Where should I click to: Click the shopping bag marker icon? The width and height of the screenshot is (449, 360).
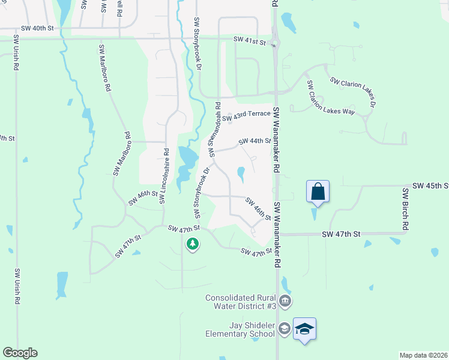point(318,192)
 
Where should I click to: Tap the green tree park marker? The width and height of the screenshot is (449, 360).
point(192,244)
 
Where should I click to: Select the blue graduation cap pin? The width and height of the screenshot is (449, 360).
point(305,329)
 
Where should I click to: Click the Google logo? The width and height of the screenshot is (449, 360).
point(19,353)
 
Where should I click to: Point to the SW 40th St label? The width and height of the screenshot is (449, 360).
point(37,28)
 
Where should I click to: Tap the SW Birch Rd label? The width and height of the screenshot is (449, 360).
point(406,209)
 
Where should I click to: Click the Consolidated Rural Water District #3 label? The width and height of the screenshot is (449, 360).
point(240,302)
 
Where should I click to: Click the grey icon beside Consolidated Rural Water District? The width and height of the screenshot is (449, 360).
point(285,300)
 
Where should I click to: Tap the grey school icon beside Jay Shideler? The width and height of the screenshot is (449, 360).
point(285,328)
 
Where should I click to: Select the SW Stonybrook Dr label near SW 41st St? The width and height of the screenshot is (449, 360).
point(197,43)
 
